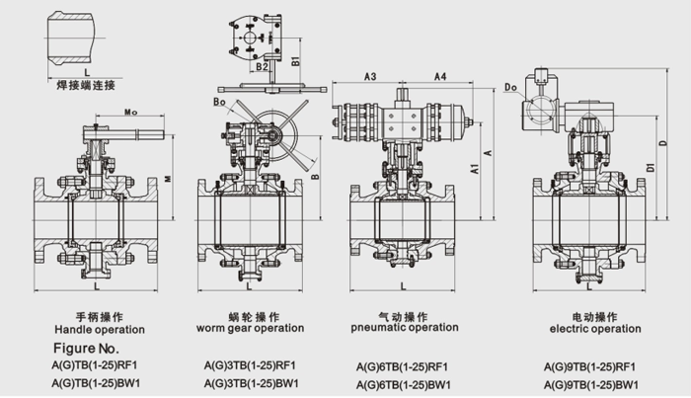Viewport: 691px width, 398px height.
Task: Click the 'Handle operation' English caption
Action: (99, 329)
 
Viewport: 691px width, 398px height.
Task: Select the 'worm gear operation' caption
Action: (251, 328)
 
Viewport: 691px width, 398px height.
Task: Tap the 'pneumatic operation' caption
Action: (405, 327)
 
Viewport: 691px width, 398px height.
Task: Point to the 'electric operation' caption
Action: (589, 328)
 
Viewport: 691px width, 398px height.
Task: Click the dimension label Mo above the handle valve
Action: (130, 115)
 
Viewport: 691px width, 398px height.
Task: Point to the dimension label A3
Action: (371, 76)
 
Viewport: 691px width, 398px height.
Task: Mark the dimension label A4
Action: (440, 76)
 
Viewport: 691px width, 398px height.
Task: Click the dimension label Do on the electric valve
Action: (510, 88)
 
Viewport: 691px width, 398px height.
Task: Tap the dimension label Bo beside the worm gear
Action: (219, 102)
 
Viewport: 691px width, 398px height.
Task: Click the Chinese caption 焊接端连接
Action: (86, 86)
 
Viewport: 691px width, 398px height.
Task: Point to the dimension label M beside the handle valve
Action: (168, 180)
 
